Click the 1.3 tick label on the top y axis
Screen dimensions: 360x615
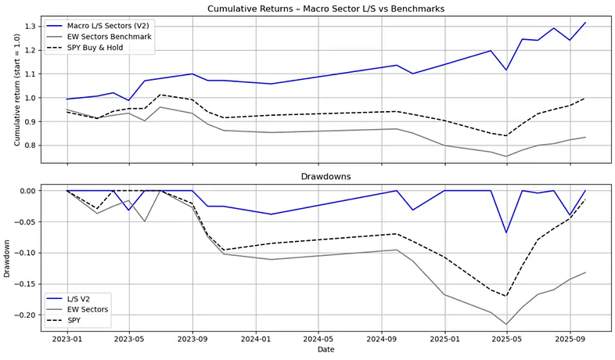pos(29,27)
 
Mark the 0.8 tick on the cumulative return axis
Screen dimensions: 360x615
pos(29,146)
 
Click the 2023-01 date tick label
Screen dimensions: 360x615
pos(67,340)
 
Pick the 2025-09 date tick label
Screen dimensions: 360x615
pos(570,340)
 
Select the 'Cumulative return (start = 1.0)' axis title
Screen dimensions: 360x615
pos(8,91)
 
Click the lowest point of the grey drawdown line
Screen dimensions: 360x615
pos(506,324)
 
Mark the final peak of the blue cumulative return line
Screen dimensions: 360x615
pos(584,23)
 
